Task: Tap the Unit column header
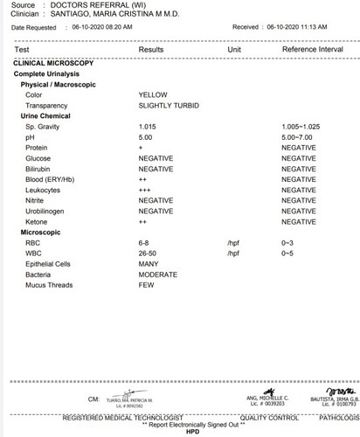[234, 51]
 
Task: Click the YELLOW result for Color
[154, 94]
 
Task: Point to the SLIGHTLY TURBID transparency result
[169, 105]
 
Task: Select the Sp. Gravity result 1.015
[149, 127]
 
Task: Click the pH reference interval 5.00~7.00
[298, 137]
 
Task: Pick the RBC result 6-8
[146, 242]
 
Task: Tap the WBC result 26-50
[149, 253]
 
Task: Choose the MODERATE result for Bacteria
[158, 274]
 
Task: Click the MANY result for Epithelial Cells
[149, 263]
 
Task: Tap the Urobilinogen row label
[50, 211]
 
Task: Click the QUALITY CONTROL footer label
[260, 417]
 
